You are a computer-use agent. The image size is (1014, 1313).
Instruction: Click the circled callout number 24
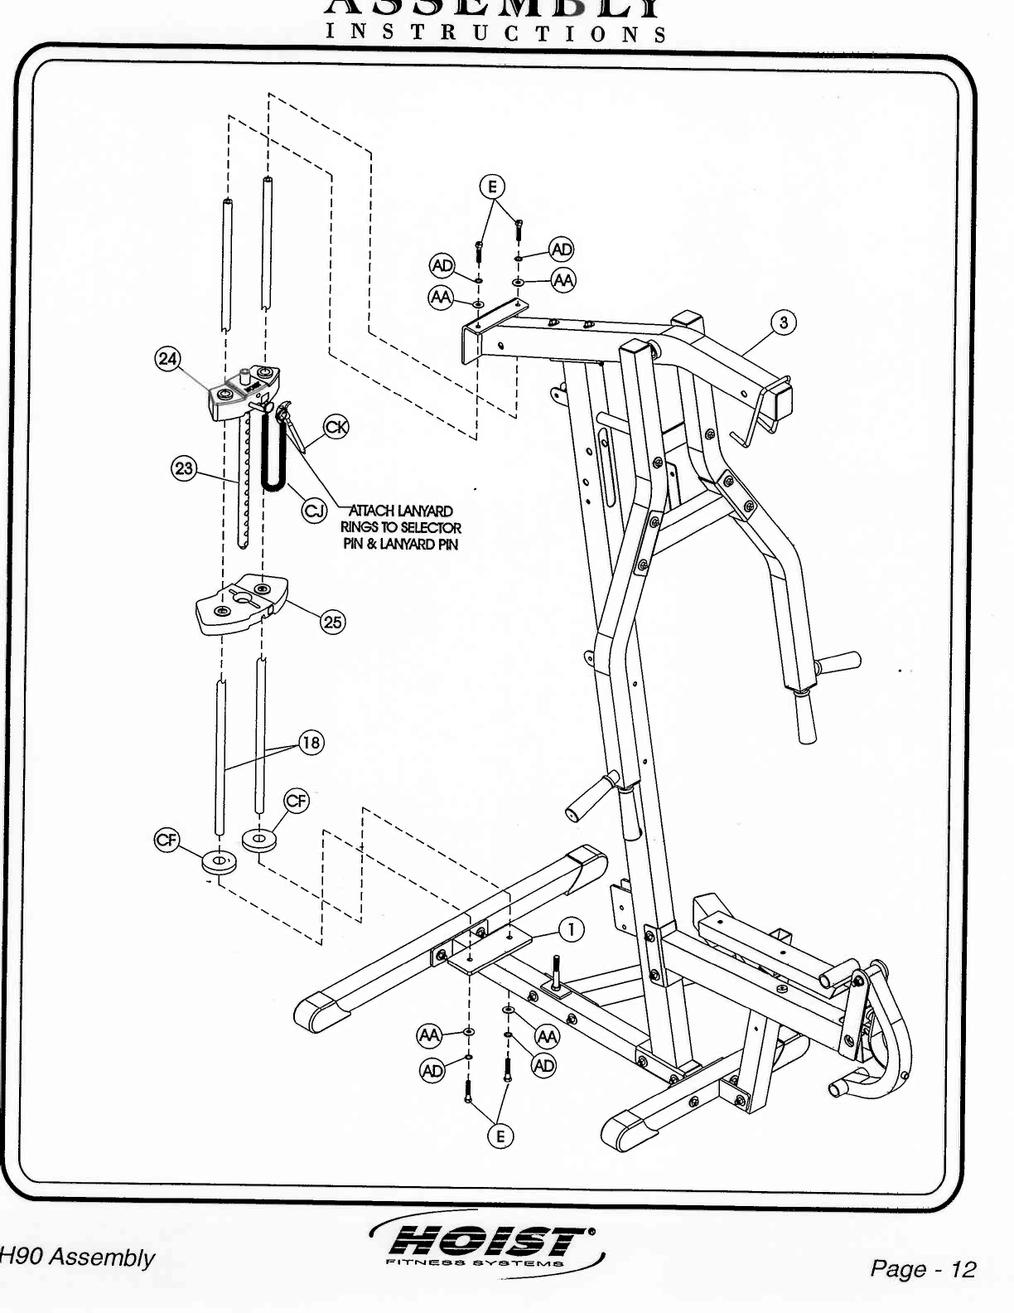click(168, 358)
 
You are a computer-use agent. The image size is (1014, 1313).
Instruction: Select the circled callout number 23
click(183, 468)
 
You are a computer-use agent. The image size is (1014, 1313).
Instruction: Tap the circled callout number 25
click(332, 622)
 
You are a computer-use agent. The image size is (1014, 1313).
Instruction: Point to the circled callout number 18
click(311, 742)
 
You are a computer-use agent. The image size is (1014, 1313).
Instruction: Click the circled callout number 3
click(783, 322)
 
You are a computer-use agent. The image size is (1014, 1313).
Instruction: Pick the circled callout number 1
click(570, 930)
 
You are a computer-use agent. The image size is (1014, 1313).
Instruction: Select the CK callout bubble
click(336, 427)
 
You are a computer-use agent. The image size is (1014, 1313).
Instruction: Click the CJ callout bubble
click(313, 511)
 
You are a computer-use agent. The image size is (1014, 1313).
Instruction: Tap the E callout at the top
click(492, 187)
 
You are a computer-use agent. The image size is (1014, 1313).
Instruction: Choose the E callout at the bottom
click(500, 1136)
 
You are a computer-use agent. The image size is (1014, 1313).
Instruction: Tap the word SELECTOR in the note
click(431, 527)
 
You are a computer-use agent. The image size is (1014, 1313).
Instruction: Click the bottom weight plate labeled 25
click(241, 604)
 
